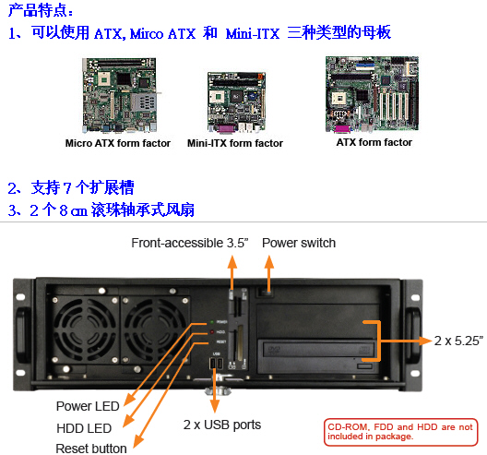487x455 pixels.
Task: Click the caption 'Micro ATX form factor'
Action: [118, 143]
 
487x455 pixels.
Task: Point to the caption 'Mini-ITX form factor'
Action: [235, 143]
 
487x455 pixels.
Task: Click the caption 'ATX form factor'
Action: [374, 142]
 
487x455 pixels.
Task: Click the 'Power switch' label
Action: [299, 243]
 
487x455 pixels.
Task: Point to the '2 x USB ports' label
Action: [221, 425]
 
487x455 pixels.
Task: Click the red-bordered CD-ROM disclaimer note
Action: [400, 431]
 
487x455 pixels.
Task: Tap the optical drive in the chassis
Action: [318, 349]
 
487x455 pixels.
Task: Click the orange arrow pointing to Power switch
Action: [269, 271]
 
